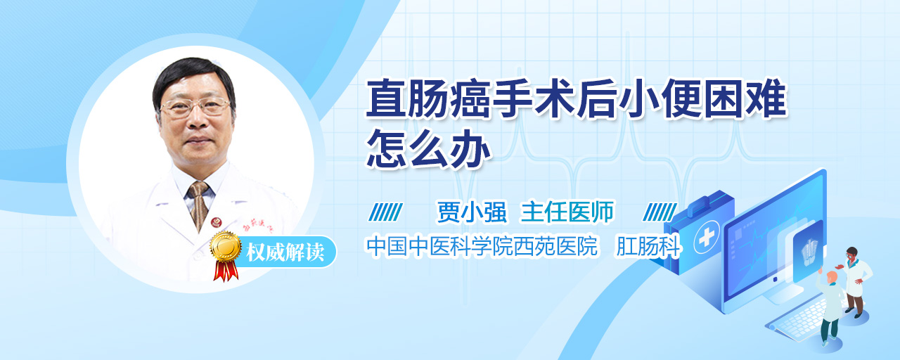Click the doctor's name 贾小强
(x=472, y=212)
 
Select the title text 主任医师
(x=567, y=212)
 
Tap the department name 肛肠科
(x=648, y=246)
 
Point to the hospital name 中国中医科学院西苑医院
(x=482, y=246)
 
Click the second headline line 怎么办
(x=428, y=148)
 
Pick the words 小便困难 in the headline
(x=702, y=99)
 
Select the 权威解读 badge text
(x=285, y=252)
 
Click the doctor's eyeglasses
(x=195, y=106)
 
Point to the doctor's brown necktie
(x=198, y=205)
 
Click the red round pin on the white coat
(x=216, y=221)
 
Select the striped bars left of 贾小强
(x=386, y=212)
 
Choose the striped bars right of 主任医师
(x=660, y=212)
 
